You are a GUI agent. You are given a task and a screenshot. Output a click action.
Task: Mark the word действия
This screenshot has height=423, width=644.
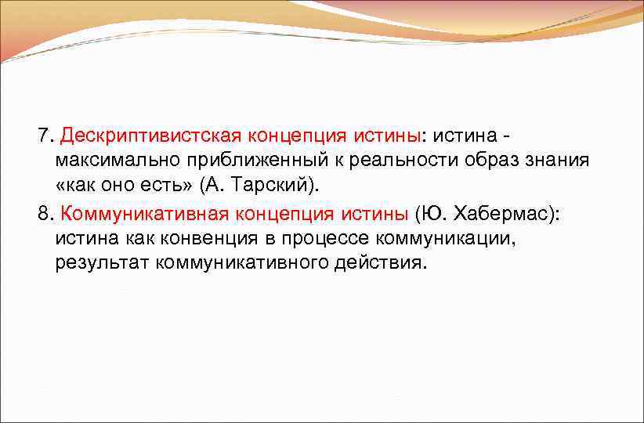pos(385,262)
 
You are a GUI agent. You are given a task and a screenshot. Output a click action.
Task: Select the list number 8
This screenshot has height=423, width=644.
pos(42,212)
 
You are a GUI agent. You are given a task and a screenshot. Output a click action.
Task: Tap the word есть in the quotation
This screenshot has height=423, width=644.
pos(166,186)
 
